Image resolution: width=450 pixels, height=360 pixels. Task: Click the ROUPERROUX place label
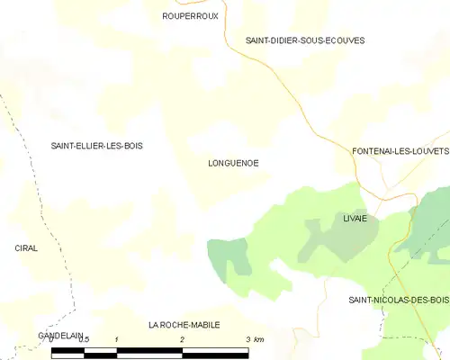click(190, 16)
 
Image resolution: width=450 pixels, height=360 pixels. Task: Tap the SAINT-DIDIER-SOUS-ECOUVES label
click(305, 40)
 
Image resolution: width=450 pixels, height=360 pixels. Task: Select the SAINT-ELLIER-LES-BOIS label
click(96, 146)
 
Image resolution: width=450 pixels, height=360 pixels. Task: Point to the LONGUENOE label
click(233, 163)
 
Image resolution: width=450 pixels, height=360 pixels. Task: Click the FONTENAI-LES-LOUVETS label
click(400, 151)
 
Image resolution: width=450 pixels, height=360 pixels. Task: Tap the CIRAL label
click(26, 247)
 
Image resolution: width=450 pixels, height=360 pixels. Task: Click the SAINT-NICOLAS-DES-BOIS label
click(399, 299)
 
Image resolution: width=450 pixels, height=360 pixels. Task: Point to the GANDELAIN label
click(36, 335)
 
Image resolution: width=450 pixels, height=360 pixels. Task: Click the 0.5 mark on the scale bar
click(84, 338)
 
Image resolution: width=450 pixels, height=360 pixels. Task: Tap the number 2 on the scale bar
click(183, 339)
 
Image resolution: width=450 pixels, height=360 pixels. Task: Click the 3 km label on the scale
click(253, 339)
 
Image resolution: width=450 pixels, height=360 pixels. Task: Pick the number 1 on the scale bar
click(117, 339)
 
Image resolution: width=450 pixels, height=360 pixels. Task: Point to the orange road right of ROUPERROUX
click(236, 36)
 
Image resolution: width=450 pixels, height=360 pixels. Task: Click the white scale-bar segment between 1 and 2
click(149, 350)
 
